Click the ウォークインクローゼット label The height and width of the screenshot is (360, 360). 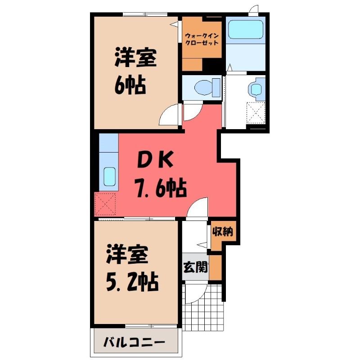202,39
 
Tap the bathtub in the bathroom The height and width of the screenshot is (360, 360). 246,30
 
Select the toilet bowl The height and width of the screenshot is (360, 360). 207,87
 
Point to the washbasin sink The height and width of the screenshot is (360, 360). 257,88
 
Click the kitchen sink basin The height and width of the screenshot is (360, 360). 109,176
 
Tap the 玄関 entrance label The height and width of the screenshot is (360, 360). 195,267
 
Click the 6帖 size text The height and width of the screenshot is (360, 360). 130,85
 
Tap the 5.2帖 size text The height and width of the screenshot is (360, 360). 132,282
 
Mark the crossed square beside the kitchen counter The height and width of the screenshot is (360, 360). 105,204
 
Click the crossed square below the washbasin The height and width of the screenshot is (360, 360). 256,113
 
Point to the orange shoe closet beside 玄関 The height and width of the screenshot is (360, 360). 216,267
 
